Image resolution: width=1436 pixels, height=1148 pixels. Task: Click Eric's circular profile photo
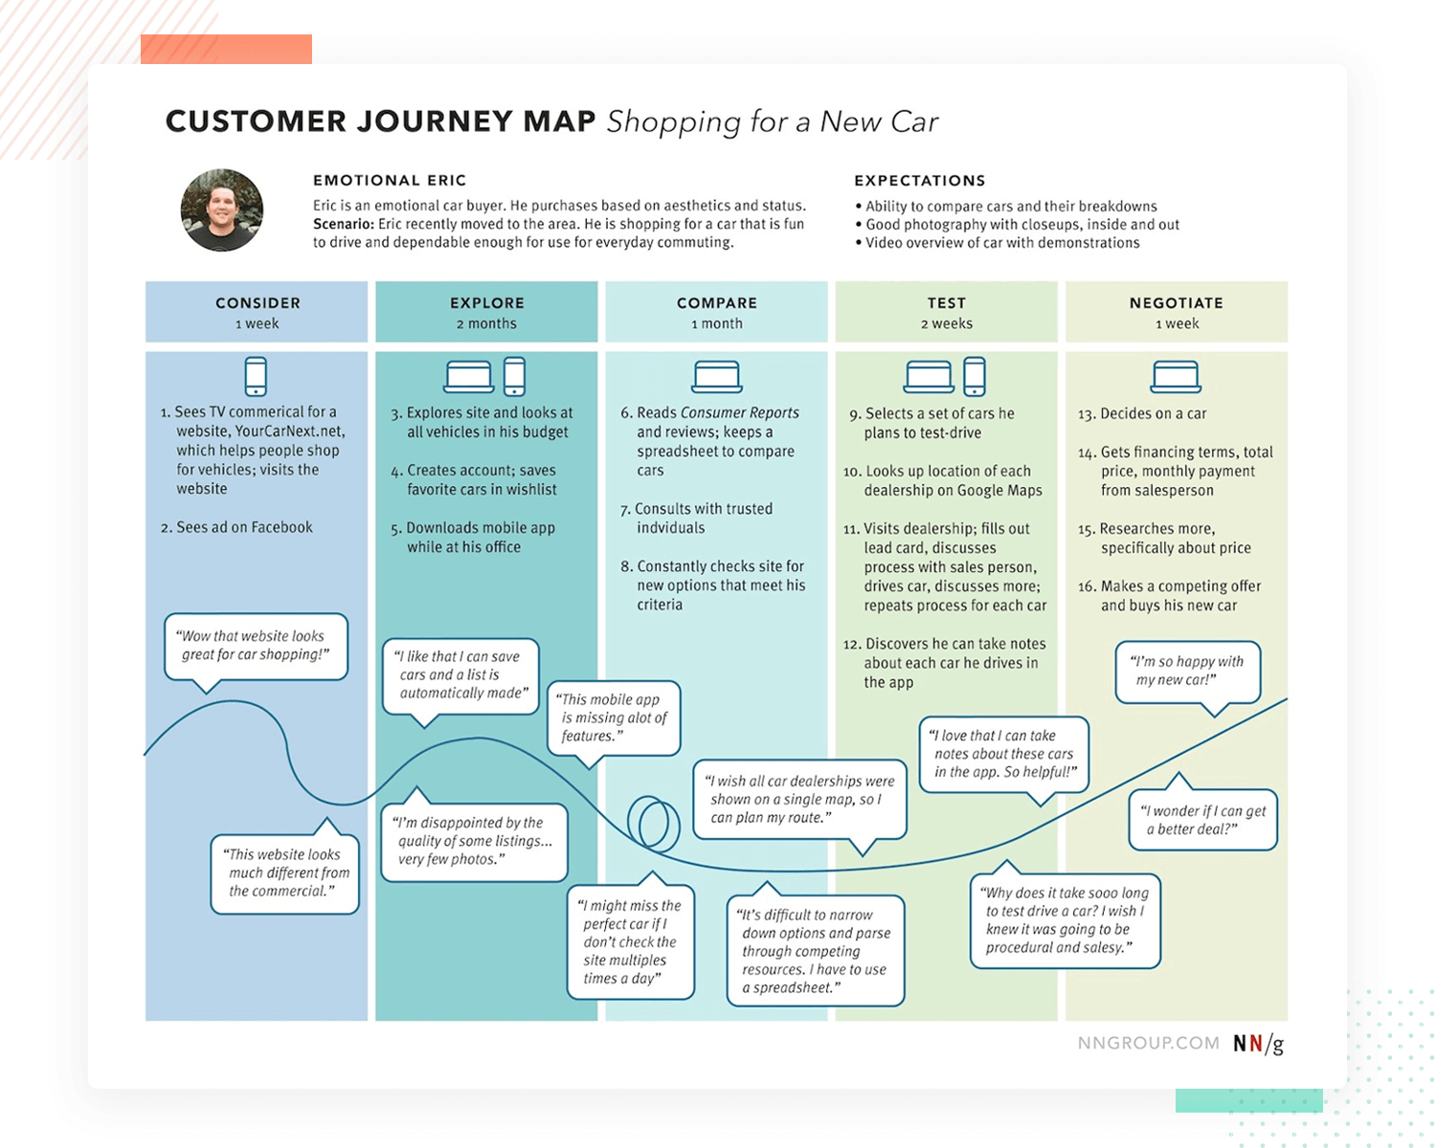pos(222,210)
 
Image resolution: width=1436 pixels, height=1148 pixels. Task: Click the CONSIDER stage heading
pos(258,302)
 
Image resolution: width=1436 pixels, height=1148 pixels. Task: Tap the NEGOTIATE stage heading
pos(1176,302)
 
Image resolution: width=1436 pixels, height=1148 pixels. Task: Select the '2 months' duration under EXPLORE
pos(486,324)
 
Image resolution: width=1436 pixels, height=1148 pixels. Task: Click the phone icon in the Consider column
pos(256,376)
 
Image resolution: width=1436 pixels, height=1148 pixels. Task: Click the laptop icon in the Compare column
pos(716,377)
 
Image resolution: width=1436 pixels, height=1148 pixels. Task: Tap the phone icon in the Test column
pos(975,376)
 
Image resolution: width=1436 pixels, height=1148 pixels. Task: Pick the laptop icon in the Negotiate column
pos(1176,377)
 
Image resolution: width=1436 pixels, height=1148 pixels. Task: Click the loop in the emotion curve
pos(652,823)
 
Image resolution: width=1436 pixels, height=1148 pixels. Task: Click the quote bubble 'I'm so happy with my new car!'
pos(1187,671)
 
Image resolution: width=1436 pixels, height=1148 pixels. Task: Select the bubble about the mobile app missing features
pos(614,717)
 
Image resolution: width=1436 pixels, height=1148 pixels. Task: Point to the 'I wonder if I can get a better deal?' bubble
pos(1202,820)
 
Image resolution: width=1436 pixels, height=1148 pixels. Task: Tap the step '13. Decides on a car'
pos(1142,413)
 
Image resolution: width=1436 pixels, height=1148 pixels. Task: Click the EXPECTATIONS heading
pos(919,181)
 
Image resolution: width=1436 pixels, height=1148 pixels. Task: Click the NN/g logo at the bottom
pos(1258,1044)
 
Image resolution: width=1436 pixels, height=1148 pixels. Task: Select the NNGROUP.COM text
pos(1148,1044)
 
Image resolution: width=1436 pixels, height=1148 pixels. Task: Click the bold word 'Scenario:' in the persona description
pos(343,224)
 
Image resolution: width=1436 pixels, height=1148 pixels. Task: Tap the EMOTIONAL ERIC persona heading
pos(390,180)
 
